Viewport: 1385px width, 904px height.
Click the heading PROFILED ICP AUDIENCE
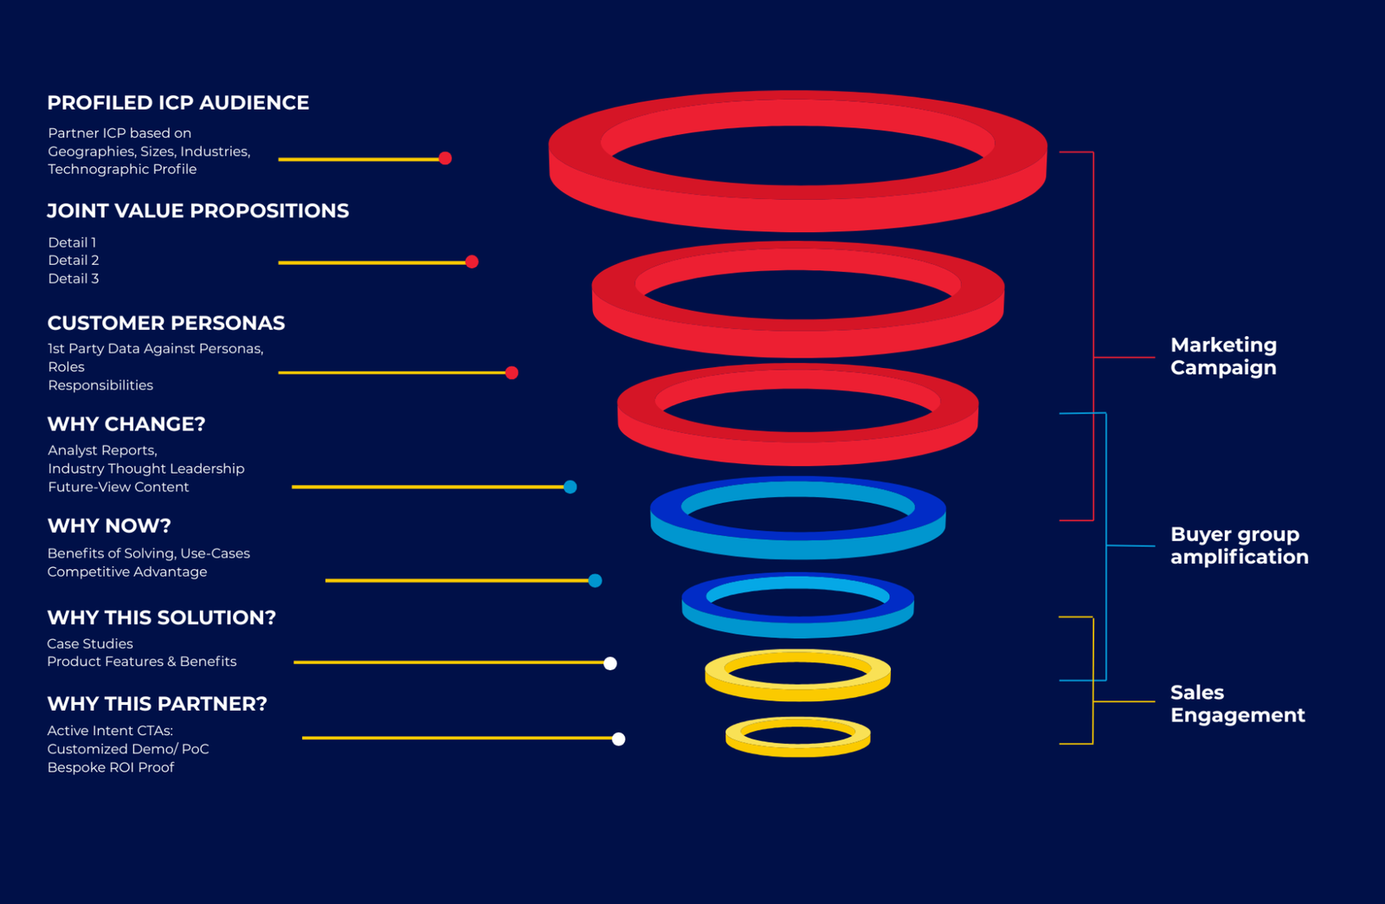(x=177, y=103)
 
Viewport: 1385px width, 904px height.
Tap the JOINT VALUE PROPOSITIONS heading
(x=197, y=211)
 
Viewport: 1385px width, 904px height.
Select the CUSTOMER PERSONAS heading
(x=165, y=323)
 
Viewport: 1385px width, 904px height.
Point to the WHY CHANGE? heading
(x=126, y=424)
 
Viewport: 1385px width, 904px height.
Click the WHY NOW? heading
(x=109, y=526)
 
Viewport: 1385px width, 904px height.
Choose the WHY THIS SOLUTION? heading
(x=161, y=617)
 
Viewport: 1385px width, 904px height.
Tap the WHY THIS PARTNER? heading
(x=157, y=704)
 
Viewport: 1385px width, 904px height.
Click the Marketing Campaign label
(x=1222, y=356)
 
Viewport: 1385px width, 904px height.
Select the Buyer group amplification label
(x=1238, y=546)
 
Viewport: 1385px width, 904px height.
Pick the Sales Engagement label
(x=1236, y=703)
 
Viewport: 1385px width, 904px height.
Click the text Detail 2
(x=74, y=261)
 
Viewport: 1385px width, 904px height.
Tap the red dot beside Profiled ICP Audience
(x=445, y=158)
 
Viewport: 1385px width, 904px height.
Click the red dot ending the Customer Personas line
(x=512, y=373)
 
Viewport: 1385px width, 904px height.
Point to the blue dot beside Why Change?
(x=570, y=487)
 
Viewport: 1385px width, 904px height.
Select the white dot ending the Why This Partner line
(x=618, y=739)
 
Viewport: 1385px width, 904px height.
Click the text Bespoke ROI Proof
(x=111, y=767)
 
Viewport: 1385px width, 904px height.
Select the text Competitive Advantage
(x=127, y=571)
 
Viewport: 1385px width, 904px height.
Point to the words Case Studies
(x=90, y=644)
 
